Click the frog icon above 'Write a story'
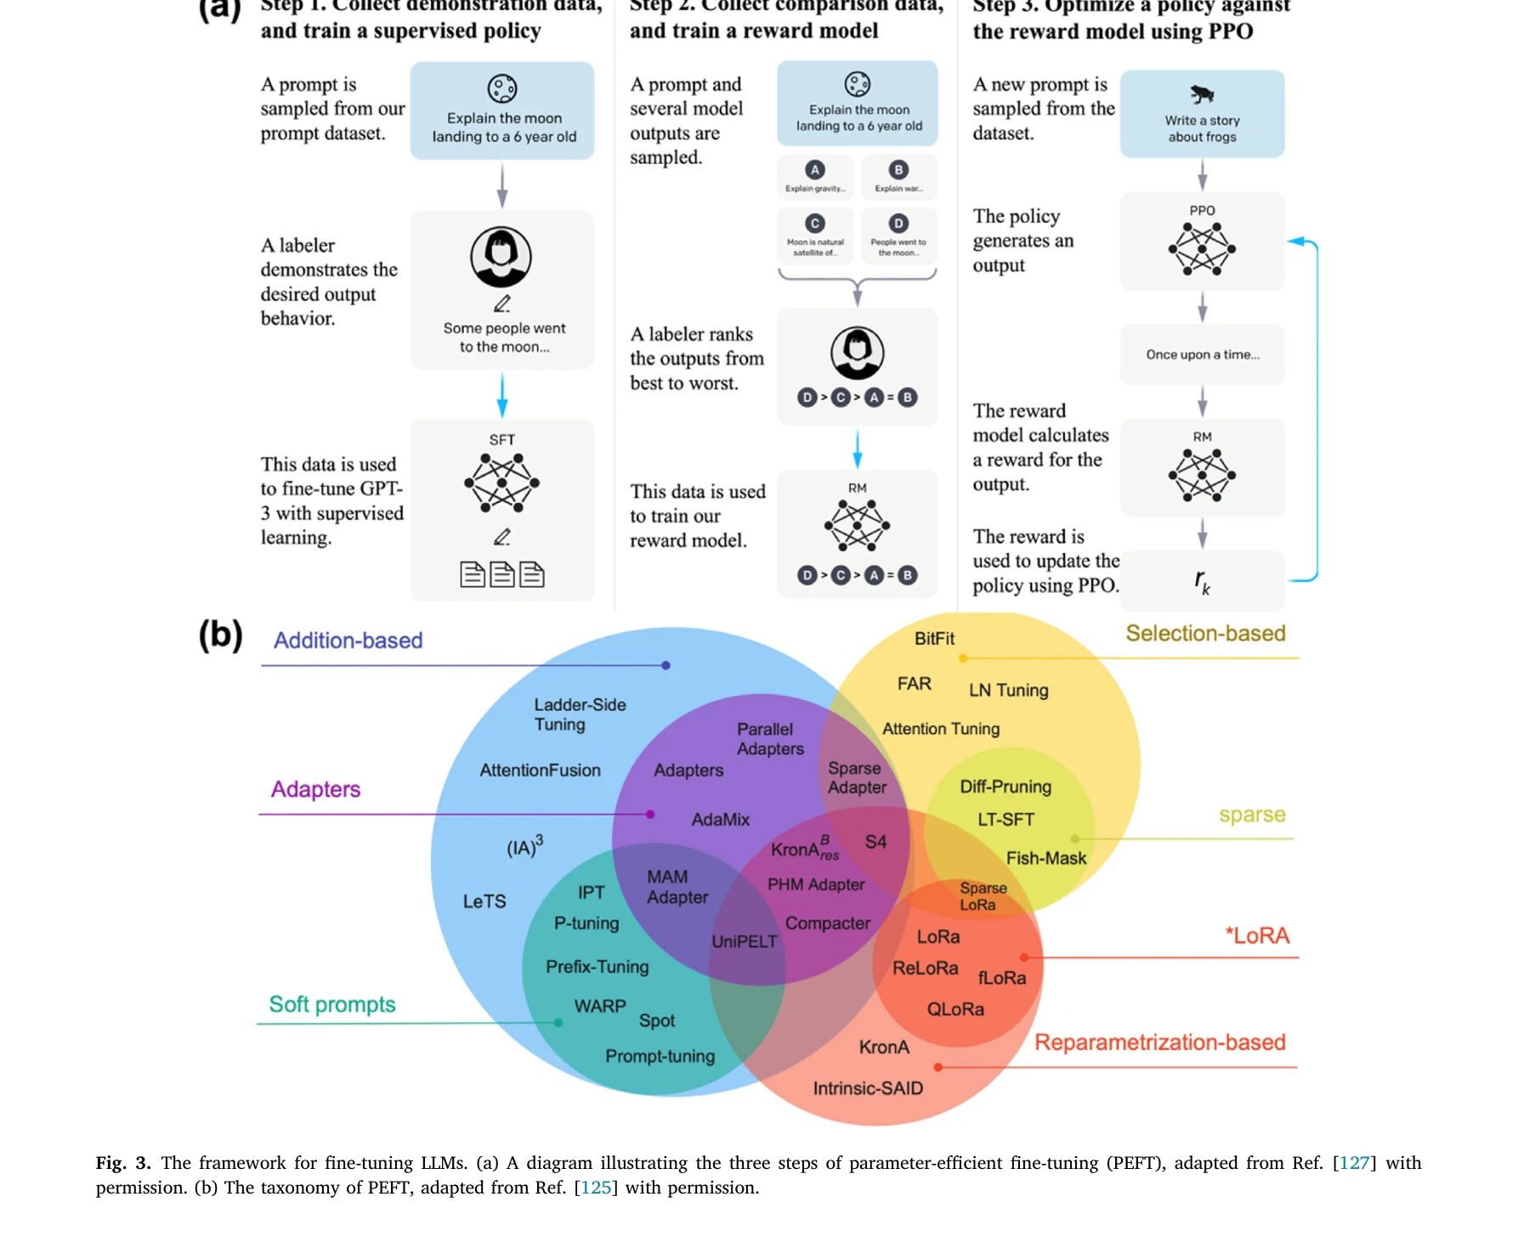pos(1202,94)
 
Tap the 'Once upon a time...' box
pos(1202,354)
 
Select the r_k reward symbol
pos(1202,582)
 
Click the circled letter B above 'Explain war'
pos(898,170)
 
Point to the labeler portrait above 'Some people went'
pos(501,257)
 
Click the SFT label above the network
pos(501,440)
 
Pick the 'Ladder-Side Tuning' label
pos(580,714)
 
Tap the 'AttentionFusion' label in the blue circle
pos(540,770)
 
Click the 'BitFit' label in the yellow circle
pos(934,639)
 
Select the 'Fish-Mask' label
pos(1045,858)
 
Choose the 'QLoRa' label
pos(955,1009)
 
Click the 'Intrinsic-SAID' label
pos(868,1088)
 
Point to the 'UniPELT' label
pos(744,941)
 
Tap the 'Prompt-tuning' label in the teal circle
pos(660,1056)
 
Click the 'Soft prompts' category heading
pos(332,1004)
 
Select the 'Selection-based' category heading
pos(1205,634)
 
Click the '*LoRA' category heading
pos(1257,936)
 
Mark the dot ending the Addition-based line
pos(666,666)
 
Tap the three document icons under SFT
pos(501,575)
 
